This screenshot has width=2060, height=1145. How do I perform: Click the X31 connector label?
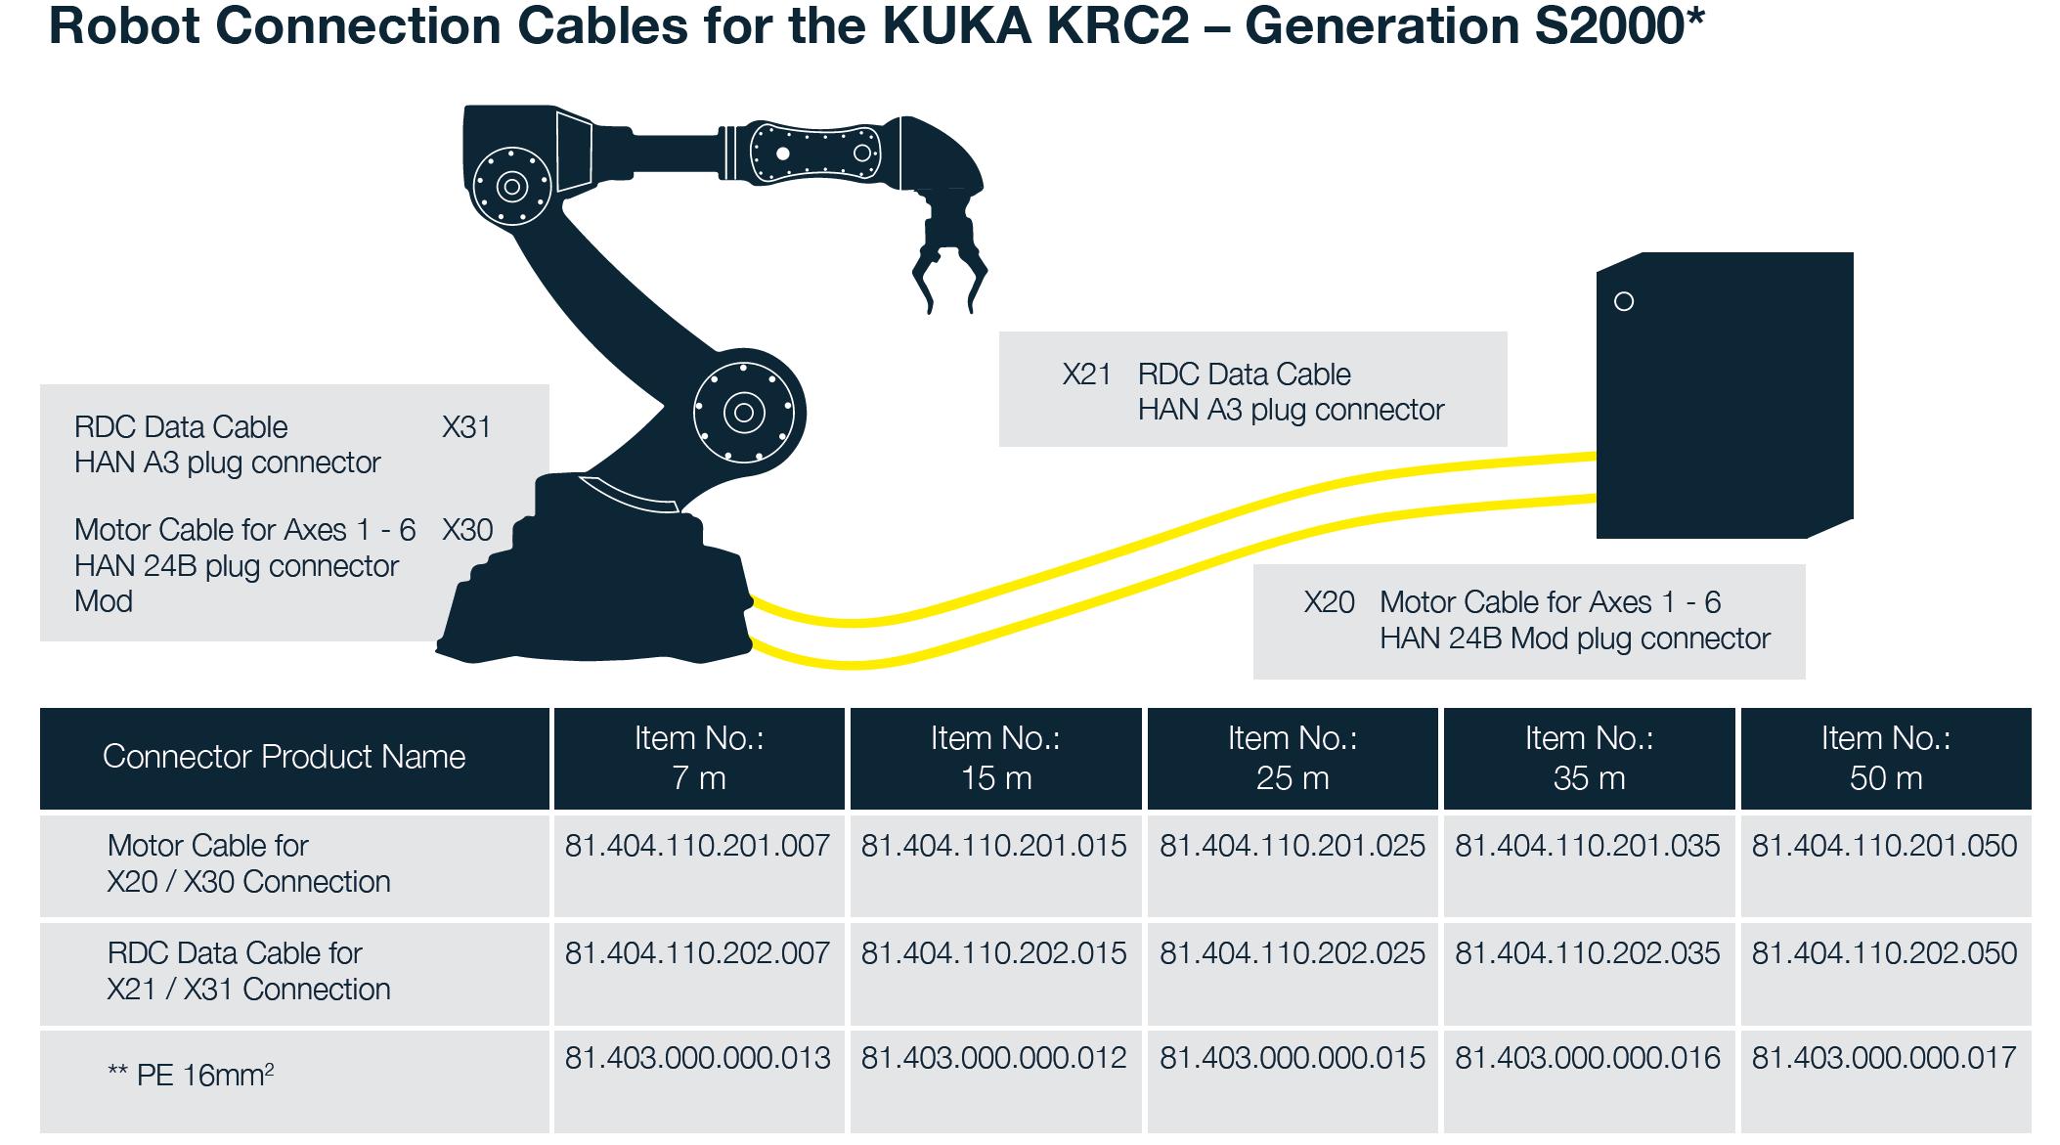coord(466,427)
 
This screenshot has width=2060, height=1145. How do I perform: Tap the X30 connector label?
coord(467,530)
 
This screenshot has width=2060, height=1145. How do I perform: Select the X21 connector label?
coord(1086,374)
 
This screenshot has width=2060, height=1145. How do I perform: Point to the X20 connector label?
coord(1329,602)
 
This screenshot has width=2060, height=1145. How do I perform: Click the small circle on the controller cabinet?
coord(1624,302)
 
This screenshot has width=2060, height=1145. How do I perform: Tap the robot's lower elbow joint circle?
coord(744,413)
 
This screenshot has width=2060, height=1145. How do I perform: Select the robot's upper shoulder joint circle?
coord(511,186)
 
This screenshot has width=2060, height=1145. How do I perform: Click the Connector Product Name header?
coord(284,757)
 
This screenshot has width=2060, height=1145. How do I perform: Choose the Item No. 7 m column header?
coord(699,758)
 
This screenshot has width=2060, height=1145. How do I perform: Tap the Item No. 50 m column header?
coord(1885,758)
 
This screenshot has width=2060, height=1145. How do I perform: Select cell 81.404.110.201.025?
coord(1292,846)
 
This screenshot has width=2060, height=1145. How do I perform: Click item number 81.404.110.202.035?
coord(1588,953)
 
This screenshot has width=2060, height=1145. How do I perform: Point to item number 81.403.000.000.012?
coord(993,1058)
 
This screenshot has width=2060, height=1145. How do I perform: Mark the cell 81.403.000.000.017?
coord(1884,1058)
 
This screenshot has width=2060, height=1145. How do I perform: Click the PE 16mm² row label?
coord(191,1076)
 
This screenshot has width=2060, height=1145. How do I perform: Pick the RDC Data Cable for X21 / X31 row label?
coord(248,971)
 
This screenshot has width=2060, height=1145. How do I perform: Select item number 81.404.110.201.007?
coord(697,846)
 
